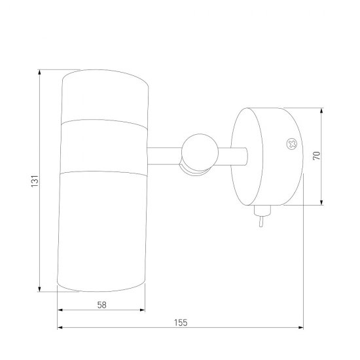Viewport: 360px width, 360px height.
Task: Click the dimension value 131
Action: pyautogui.click(x=35, y=181)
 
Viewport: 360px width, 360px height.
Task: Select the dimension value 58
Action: pyautogui.click(x=102, y=305)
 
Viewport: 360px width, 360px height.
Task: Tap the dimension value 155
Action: pyautogui.click(x=181, y=323)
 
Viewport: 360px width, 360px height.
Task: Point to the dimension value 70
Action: pyautogui.click(x=317, y=156)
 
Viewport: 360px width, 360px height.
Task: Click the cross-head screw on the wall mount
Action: pyautogui.click(x=292, y=144)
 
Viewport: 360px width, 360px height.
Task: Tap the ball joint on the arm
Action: pyautogui.click(x=200, y=153)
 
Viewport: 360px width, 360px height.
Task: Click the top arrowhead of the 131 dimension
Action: pyautogui.click(x=40, y=72)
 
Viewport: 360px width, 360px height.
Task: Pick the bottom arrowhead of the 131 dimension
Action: pyautogui.click(x=40, y=289)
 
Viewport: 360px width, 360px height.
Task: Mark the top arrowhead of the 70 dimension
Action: pyautogui.click(x=321, y=110)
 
